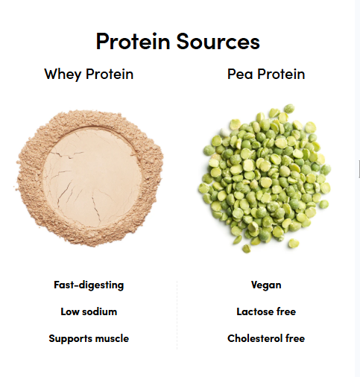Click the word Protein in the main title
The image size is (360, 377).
[x=133, y=41]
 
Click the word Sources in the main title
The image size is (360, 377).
[x=218, y=42]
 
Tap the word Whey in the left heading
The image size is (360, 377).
[x=63, y=75]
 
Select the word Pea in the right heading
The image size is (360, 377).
[x=240, y=74]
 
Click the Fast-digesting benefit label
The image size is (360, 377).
[x=89, y=285]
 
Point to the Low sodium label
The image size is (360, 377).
[x=89, y=311]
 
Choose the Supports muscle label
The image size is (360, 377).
[x=89, y=339]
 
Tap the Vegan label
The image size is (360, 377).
[x=266, y=285]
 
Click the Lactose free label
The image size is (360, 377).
[x=266, y=311]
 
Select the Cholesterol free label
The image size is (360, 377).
[x=266, y=338]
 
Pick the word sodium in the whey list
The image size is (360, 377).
[x=99, y=311]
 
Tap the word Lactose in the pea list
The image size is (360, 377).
[x=255, y=311]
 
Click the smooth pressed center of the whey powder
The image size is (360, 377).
[x=92, y=177]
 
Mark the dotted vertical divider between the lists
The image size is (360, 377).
[x=177, y=315]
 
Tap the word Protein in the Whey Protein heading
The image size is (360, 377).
[x=110, y=74]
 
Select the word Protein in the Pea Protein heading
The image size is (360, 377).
[x=281, y=74]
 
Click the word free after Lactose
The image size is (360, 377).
[x=286, y=311]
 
